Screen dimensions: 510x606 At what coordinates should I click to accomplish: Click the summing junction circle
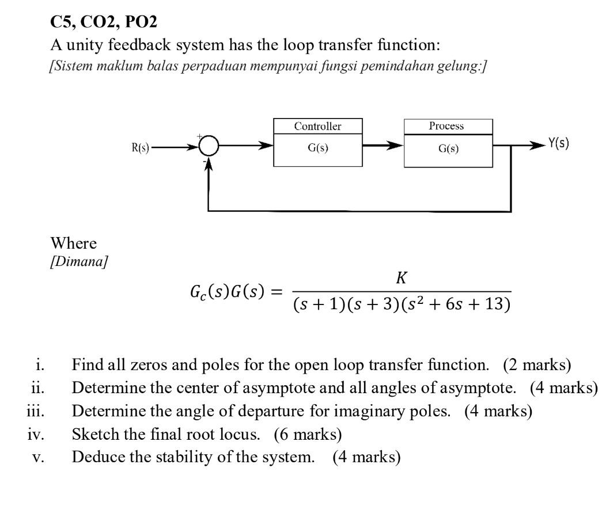pos(209,148)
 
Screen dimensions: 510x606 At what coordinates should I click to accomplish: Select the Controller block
pos(317,142)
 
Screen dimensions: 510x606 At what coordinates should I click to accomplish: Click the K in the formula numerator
pos(402,279)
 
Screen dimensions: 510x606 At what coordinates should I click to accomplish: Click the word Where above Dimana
pos(74,243)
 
